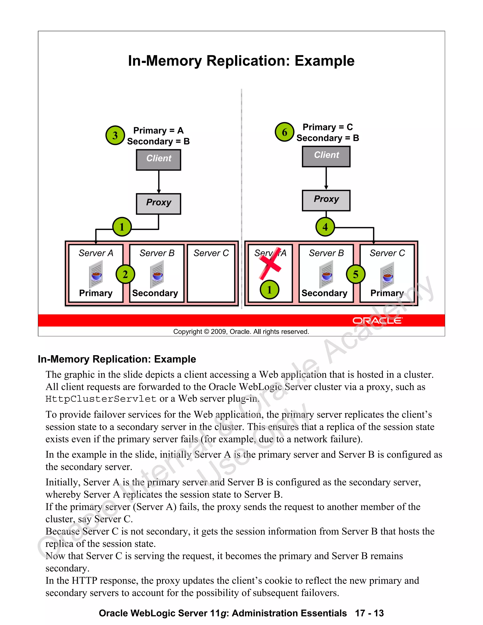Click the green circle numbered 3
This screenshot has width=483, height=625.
115,135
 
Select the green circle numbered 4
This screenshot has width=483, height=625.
325,227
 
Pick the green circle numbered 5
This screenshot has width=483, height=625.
355,274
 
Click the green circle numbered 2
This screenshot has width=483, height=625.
125,274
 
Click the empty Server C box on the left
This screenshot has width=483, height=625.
211,278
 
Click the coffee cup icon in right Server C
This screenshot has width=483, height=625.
387,276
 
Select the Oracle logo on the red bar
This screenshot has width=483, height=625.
377,321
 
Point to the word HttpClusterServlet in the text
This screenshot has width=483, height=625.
101,399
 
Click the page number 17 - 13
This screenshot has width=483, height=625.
369,613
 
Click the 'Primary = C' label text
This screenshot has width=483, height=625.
328,127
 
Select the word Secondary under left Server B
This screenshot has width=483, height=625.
155,293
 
